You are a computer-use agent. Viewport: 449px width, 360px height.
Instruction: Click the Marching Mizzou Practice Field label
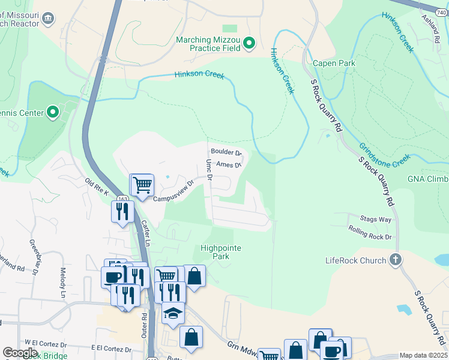208,45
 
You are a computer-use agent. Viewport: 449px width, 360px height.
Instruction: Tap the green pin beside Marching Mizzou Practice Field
250,43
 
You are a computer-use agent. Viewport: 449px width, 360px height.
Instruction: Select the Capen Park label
334,63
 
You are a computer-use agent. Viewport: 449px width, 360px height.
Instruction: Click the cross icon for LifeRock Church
395,260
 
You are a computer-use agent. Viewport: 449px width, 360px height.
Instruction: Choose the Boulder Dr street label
226,152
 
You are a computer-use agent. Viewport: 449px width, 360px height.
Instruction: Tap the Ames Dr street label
228,164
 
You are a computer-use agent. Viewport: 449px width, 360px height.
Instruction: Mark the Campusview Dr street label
173,191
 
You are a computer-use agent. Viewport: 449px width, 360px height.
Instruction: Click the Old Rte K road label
97,187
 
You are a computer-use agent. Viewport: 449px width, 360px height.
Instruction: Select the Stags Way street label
376,220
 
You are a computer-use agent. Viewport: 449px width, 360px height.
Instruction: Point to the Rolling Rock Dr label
370,232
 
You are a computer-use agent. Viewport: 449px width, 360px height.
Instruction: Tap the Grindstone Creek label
384,155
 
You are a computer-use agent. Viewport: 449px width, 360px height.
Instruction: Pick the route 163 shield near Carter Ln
122,199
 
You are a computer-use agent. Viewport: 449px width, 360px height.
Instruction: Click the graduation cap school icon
173,313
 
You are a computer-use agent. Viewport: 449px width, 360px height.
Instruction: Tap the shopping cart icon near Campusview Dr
142,184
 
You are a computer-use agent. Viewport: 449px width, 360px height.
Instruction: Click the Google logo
20,353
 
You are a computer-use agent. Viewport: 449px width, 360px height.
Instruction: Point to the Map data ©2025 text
423,355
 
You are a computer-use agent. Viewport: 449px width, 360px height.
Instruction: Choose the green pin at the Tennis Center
53,112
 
